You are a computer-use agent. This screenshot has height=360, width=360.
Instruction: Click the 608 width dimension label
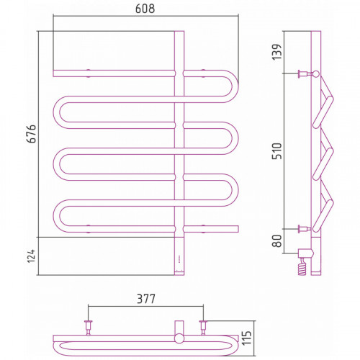pos(145,9)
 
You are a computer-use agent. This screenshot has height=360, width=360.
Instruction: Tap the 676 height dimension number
pos(32,134)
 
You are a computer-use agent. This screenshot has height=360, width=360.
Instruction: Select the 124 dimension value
pos(31,256)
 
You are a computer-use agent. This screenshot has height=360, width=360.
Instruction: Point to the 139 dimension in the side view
pos(276,52)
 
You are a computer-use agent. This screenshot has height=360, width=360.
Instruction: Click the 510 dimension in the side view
pos(276,151)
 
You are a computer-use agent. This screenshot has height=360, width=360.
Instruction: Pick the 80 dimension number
pos(277,240)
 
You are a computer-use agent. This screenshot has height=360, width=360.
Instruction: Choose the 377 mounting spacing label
pos(146,299)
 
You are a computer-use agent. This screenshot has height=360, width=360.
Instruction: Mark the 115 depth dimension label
pos(246,338)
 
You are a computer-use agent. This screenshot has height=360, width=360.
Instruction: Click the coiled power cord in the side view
pos(302,267)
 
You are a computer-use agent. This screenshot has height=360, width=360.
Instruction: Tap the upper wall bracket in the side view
pos(305,73)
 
